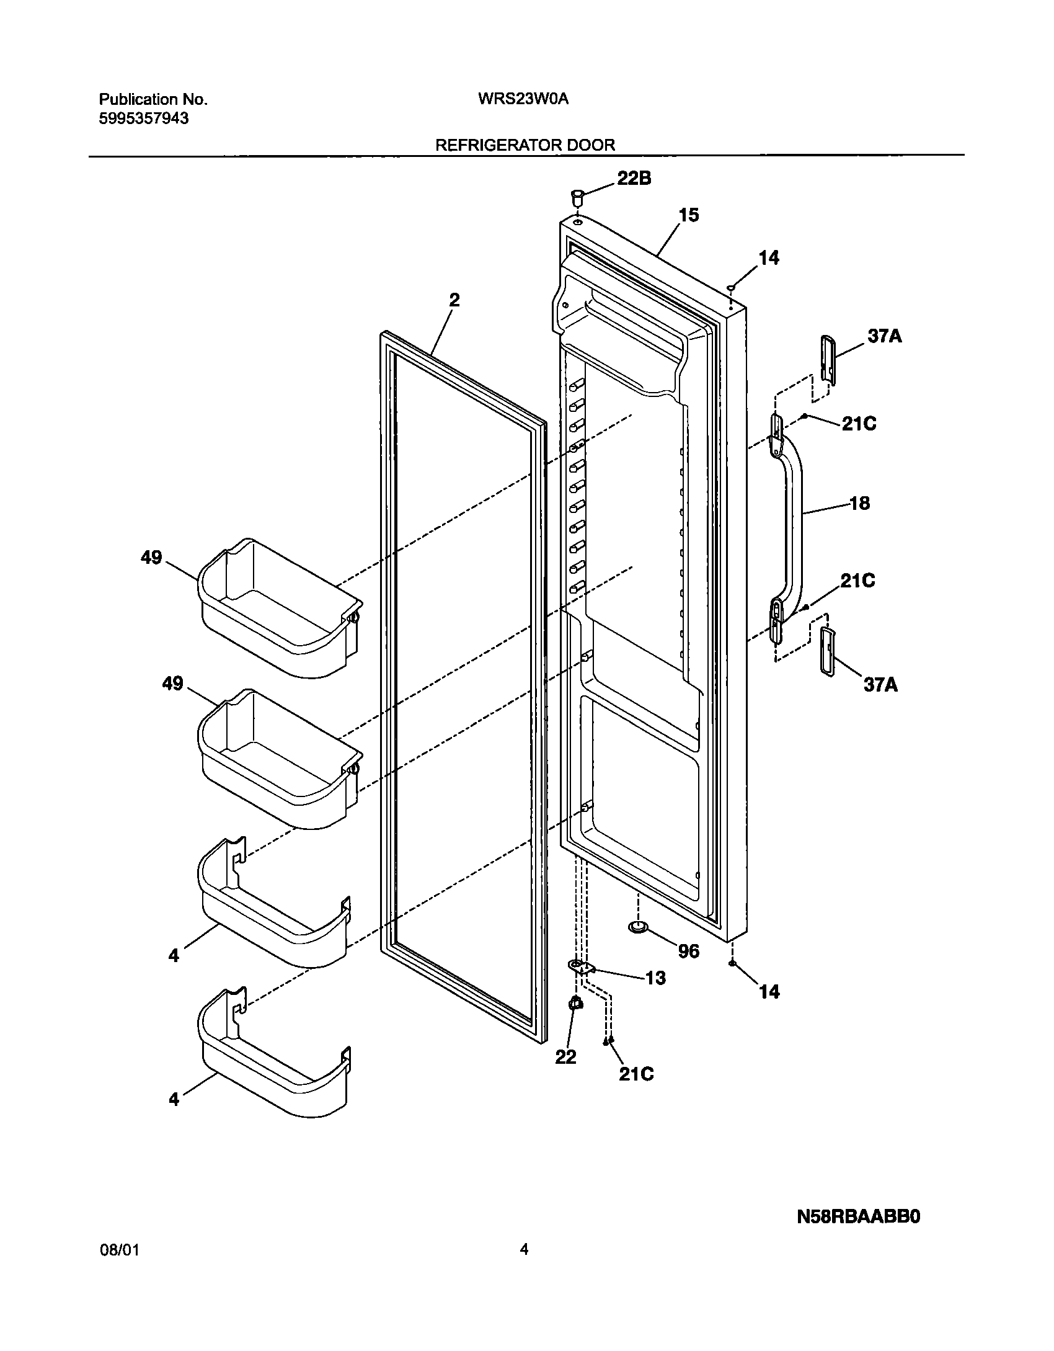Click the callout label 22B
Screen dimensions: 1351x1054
pos(634,179)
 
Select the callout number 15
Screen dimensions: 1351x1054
pos(689,215)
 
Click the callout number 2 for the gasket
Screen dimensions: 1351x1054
pos(454,300)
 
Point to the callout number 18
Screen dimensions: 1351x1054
pos(859,503)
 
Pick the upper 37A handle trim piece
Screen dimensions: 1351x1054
pos(828,360)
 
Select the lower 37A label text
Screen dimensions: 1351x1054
pos(880,685)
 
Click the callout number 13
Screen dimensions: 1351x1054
pos(655,978)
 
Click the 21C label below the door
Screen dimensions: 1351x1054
pos(636,1074)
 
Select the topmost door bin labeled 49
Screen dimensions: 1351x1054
pos(279,608)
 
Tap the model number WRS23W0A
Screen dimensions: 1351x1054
pos(524,99)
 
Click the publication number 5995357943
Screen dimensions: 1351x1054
pos(144,118)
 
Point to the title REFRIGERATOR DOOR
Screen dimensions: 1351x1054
pos(525,145)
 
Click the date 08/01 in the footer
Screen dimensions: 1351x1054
pos(119,1266)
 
